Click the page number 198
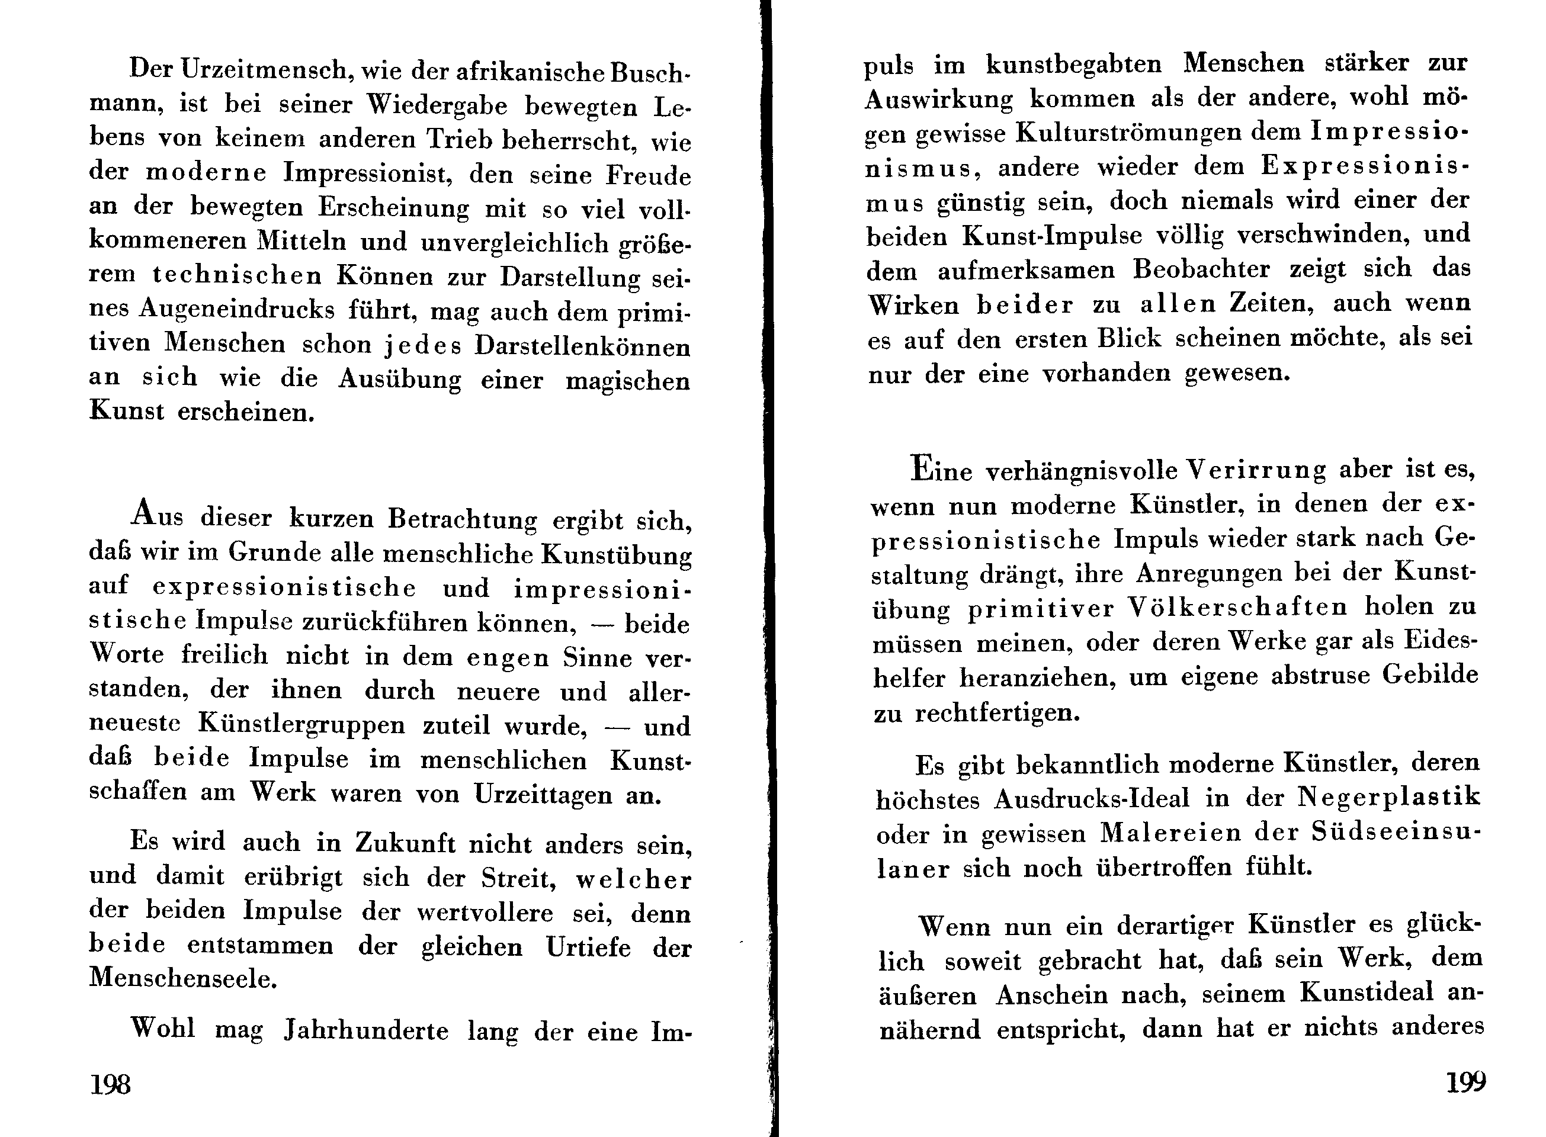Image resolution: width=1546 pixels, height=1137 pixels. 110,1084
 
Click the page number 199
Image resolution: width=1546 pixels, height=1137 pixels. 1465,1082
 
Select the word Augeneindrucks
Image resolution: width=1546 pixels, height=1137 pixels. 237,310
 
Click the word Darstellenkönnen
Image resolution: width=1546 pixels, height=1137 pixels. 582,346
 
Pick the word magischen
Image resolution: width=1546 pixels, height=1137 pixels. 628,381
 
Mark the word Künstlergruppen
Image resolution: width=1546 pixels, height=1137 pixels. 302,725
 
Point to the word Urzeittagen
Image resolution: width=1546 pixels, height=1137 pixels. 543,795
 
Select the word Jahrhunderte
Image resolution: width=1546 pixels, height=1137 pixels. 366,1031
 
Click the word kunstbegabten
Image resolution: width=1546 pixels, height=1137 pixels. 1074,65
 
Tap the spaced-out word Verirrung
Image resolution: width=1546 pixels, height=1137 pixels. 1256,470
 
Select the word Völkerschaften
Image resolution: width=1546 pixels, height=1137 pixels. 1237,608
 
